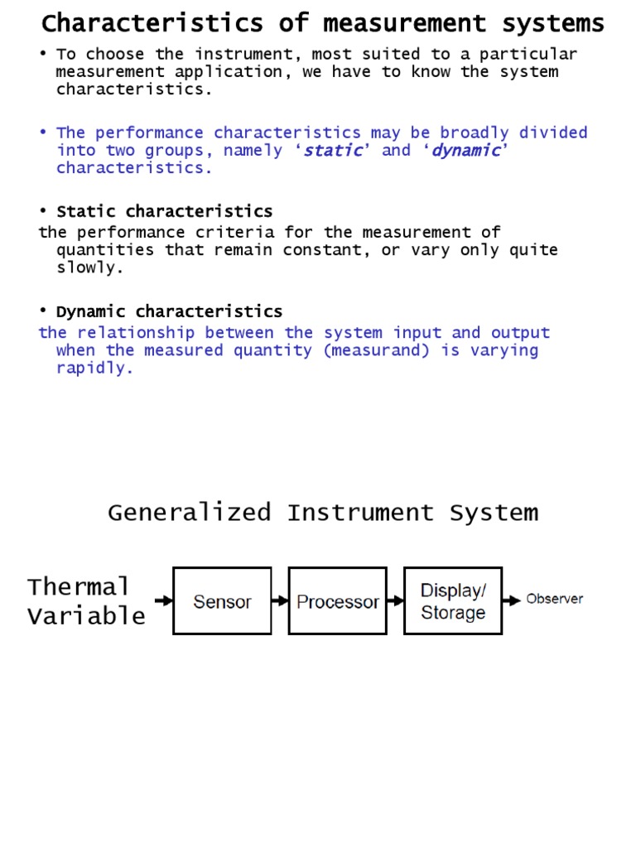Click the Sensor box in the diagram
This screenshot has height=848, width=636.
pos(222,601)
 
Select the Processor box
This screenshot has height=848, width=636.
pos(337,601)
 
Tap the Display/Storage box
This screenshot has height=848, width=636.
pos(452,601)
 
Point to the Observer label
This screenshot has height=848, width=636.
pos(554,599)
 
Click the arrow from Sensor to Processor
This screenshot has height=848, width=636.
pos(280,601)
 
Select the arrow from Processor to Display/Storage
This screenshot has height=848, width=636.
pos(395,601)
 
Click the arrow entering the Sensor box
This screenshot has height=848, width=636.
pos(164,601)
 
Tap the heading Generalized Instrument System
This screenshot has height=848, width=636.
pos(323,513)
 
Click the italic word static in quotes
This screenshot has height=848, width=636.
pos(334,151)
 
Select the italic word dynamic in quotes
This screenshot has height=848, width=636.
pos(467,151)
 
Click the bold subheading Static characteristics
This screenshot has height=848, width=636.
pos(164,211)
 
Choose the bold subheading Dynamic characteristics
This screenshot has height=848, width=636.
pos(169,312)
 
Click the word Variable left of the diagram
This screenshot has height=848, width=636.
pos(86,616)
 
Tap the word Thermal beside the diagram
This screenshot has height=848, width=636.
pos(79,587)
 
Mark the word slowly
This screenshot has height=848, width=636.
pos(85,268)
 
